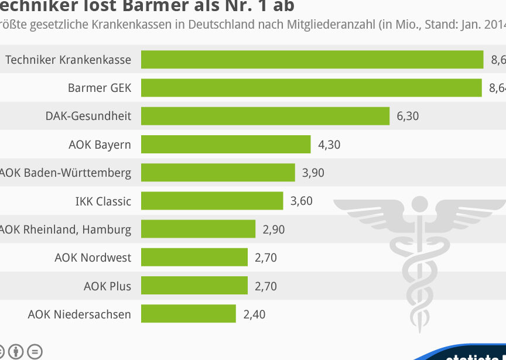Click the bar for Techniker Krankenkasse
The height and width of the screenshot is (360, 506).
pos(312,60)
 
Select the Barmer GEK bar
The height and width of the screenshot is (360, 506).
pos(312,88)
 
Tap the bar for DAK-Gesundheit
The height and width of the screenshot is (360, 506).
pos(265,116)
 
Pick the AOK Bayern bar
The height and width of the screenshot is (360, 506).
pos(225,144)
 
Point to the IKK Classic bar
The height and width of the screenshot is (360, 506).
pos(212,201)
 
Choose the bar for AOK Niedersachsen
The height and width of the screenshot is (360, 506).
pos(189,314)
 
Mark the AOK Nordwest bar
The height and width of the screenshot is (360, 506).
pos(194,257)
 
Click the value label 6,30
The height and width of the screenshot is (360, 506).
pos(408,116)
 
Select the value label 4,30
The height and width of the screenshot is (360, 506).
pos(329,144)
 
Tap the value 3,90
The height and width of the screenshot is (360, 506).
pos(313,173)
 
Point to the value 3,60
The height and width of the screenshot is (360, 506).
pos(302,201)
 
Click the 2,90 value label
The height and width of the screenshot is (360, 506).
pos(273,229)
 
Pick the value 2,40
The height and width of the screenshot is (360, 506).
pos(254,314)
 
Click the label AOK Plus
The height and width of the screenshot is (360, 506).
pos(107,286)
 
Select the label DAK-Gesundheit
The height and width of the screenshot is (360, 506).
pos(88,116)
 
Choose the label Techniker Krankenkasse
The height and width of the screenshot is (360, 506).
pos(68,60)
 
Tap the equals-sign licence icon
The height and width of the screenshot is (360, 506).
pos(35,352)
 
